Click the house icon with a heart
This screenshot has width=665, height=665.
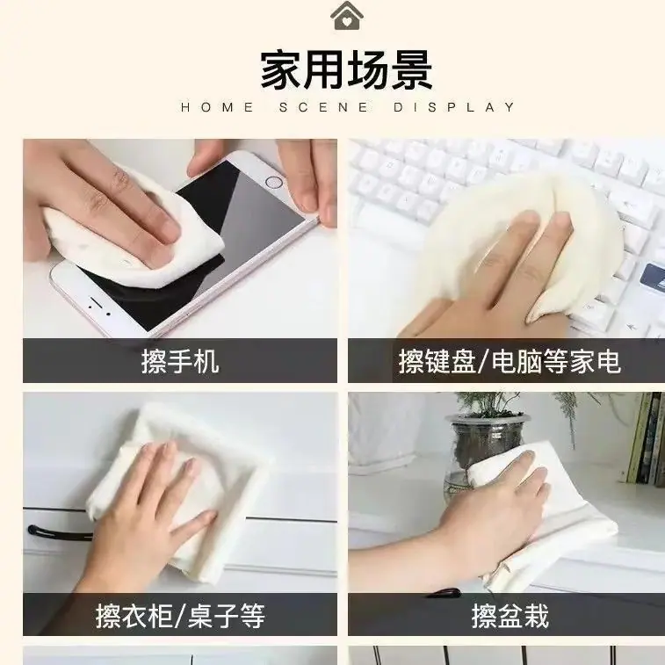346,16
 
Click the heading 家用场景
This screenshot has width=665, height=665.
346,70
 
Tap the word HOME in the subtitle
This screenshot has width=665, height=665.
217,107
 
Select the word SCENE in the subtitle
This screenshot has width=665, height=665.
323,107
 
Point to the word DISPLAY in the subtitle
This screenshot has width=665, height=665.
454,107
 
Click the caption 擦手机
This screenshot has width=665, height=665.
180,361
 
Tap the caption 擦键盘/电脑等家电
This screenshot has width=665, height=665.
510,361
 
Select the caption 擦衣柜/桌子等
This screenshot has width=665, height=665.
180,616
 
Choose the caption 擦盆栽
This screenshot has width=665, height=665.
510,616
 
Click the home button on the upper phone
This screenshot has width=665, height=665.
273,183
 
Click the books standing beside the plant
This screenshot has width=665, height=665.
645,438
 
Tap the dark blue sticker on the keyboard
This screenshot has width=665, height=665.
653,278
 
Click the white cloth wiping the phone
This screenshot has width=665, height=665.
133,235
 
